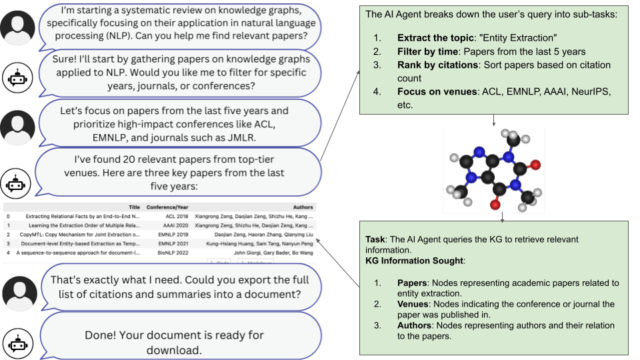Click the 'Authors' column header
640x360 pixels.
click(x=303, y=207)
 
